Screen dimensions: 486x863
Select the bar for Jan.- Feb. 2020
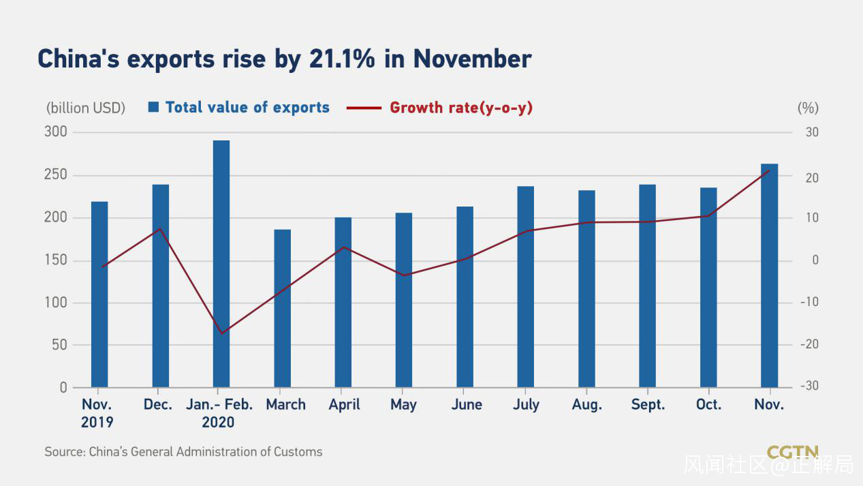pyautogui.click(x=221, y=264)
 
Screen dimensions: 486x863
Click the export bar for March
pyautogui.click(x=282, y=308)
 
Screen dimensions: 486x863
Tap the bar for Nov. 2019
pyautogui.click(x=99, y=294)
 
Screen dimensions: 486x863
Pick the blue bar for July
pyautogui.click(x=525, y=286)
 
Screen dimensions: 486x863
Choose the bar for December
pyautogui.click(x=161, y=286)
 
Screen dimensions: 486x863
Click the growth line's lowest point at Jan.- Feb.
pyautogui.click(x=221, y=333)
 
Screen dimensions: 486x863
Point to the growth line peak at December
pyautogui.click(x=160, y=228)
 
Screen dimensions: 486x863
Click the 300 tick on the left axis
pyautogui.click(x=56, y=132)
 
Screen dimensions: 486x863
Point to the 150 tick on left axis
pyautogui.click(x=56, y=260)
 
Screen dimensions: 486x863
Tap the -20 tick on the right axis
pyautogui.click(x=809, y=344)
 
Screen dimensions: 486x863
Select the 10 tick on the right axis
pyautogui.click(x=811, y=218)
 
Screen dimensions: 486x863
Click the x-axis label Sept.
pyautogui.click(x=648, y=405)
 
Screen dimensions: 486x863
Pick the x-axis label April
pyautogui.click(x=344, y=405)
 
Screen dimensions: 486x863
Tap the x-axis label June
pyautogui.click(x=467, y=405)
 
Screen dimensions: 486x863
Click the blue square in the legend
pyautogui.click(x=153, y=107)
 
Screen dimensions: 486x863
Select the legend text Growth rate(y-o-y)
pyautogui.click(x=461, y=108)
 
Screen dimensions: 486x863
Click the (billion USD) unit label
pyautogui.click(x=86, y=108)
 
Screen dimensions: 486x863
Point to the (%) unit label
pyautogui.click(x=808, y=108)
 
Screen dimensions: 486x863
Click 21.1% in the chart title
pyautogui.click(x=342, y=59)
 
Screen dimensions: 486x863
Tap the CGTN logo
pyautogui.click(x=792, y=452)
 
